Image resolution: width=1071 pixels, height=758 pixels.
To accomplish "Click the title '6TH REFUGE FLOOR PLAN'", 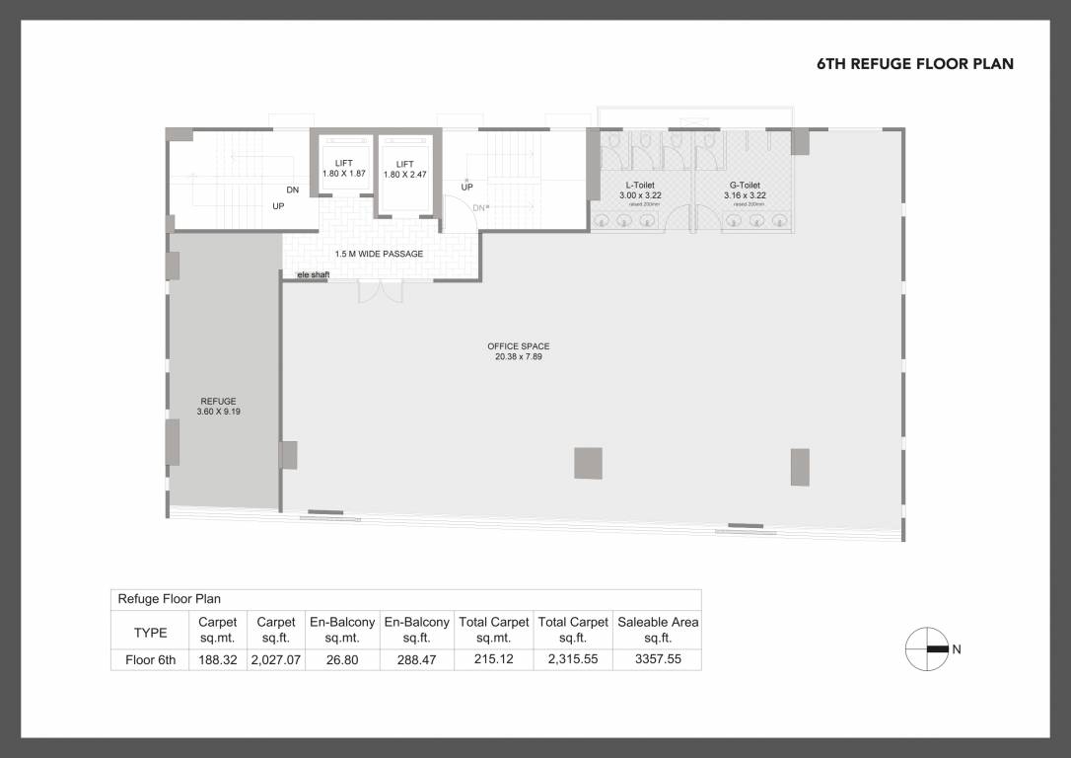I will (915, 64).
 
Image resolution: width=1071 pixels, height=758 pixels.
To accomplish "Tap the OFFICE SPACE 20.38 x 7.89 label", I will (518, 351).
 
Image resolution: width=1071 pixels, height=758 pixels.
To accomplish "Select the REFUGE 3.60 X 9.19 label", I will (218, 406).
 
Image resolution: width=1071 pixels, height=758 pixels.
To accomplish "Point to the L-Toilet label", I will (639, 190).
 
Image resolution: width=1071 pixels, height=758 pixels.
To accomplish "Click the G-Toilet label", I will (745, 190).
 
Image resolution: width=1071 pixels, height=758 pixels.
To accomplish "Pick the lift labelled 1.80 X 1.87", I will (343, 169).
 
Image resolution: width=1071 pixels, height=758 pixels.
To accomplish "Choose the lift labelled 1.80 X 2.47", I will (404, 169).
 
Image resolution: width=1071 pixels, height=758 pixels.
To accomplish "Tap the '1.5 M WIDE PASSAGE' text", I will (379, 255).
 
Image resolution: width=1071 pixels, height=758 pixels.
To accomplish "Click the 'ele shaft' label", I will (313, 274).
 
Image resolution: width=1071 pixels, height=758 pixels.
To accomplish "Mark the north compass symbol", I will (927, 649).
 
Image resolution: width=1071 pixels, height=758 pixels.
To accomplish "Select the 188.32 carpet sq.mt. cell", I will (217, 660).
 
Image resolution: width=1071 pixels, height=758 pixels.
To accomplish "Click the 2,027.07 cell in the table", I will (276, 660).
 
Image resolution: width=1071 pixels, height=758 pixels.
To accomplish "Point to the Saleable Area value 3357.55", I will (658, 660).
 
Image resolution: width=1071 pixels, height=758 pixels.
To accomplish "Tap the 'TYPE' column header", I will (150, 633).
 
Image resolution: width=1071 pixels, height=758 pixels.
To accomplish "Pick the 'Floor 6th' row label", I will (150, 660).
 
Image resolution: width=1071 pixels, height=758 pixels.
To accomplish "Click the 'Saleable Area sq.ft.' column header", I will (658, 630).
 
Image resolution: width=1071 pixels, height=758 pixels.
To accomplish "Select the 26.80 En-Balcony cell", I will (342, 660).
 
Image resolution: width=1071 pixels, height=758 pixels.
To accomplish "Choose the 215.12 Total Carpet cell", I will (493, 660).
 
